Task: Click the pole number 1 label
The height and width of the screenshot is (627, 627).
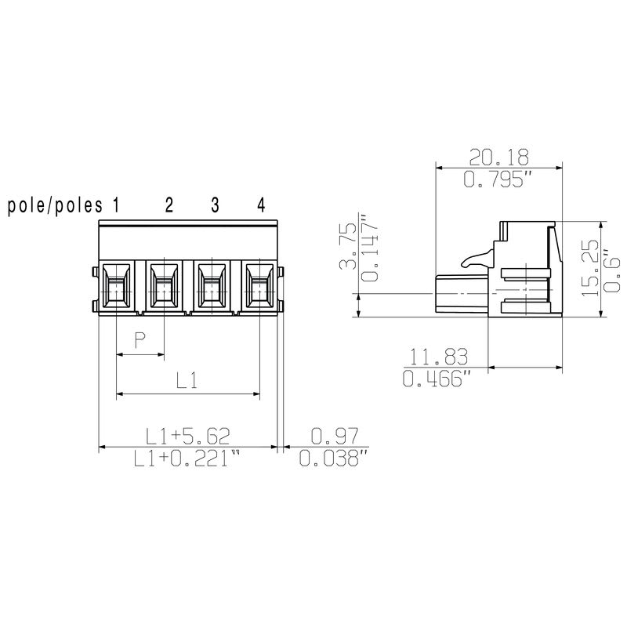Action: (115, 206)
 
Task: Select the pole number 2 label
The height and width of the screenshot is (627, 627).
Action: (169, 206)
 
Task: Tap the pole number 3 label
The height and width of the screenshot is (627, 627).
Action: (215, 206)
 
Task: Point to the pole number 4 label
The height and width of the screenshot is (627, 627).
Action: (261, 206)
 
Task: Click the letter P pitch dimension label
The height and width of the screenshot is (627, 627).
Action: (140, 340)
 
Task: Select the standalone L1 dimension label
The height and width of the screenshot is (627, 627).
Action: (187, 382)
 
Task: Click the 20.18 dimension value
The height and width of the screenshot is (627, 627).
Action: (498, 155)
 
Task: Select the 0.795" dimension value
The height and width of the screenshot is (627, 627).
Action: (498, 179)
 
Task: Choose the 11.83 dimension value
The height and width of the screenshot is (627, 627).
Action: (437, 357)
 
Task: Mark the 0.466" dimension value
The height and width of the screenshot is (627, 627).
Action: (437, 382)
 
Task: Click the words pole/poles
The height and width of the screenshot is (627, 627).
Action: (55, 206)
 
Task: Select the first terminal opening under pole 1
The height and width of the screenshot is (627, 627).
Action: (116, 285)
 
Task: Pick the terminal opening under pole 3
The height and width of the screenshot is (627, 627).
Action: (212, 285)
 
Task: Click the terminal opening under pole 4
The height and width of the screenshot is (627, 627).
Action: (259, 285)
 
